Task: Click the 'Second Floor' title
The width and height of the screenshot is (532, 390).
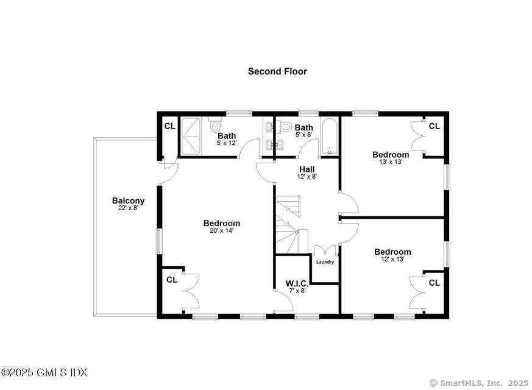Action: pyautogui.click(x=277, y=71)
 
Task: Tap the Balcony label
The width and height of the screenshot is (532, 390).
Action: pyautogui.click(x=128, y=200)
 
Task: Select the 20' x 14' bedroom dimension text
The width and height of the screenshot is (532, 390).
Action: pyautogui.click(x=221, y=231)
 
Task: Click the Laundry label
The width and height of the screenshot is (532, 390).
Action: pyautogui.click(x=325, y=262)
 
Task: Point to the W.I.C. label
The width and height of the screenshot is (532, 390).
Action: pyautogui.click(x=297, y=283)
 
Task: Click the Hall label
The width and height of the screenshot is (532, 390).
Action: pyautogui.click(x=307, y=169)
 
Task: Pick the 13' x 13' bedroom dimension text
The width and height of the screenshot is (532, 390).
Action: pyautogui.click(x=391, y=162)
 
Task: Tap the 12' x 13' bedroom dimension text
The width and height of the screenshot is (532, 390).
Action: pyautogui.click(x=392, y=259)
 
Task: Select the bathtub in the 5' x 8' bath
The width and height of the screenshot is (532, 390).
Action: pyautogui.click(x=328, y=138)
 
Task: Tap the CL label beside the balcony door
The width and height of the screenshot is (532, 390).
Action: pyautogui.click(x=170, y=127)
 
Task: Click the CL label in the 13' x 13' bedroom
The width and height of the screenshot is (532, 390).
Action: pyautogui.click(x=434, y=126)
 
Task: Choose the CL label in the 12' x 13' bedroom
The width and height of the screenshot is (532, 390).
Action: pyautogui.click(x=434, y=283)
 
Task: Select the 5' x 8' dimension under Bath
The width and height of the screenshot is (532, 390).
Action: pyautogui.click(x=303, y=135)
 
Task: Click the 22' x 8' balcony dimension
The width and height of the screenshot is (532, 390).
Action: pyautogui.click(x=128, y=208)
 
